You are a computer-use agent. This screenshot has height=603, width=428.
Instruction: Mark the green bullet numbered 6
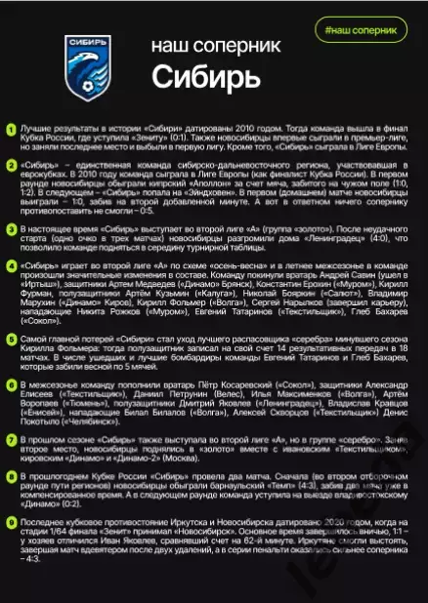11,387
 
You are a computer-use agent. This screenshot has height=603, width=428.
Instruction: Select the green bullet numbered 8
11,478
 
